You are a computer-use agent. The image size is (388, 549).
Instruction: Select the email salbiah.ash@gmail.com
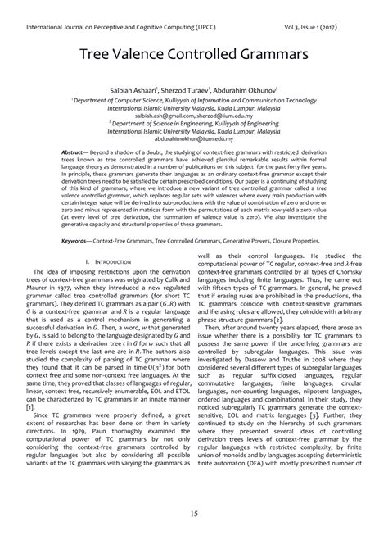click(x=160, y=116)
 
